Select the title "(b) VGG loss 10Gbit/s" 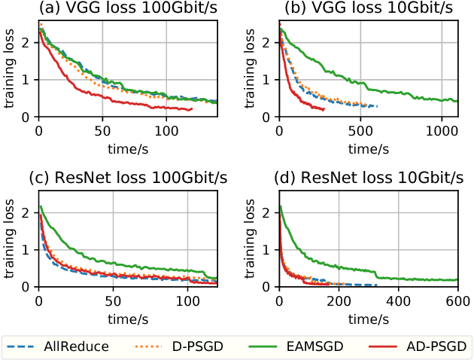pyautogui.click(x=359, y=9)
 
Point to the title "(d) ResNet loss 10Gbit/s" pyautogui.click(x=359, y=178)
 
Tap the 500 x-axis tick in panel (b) pyautogui.click(x=360, y=127)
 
